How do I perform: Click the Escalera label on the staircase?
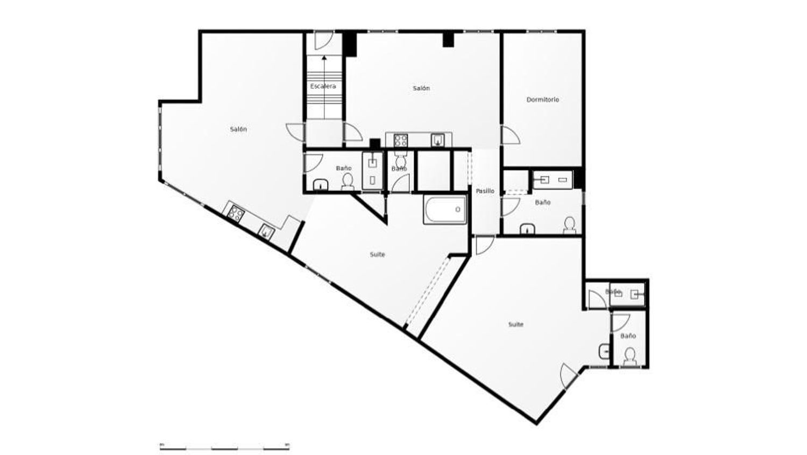[323, 86]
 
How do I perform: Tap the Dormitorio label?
[542, 100]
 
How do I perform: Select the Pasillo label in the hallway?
[485, 191]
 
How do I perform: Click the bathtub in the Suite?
[445, 209]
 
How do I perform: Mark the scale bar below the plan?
[224, 446]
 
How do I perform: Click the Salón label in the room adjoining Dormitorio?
[421, 88]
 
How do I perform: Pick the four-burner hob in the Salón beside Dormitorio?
[400, 141]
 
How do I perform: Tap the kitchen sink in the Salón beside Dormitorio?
[438, 141]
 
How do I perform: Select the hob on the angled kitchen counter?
[235, 213]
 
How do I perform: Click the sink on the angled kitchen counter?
[266, 232]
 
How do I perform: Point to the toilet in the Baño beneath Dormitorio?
[569, 225]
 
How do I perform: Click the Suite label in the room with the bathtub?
[377, 255]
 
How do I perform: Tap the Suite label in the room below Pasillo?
[515, 325]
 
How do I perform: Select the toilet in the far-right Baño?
[629, 356]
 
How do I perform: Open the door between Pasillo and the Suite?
[484, 245]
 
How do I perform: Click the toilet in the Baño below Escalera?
[348, 181]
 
